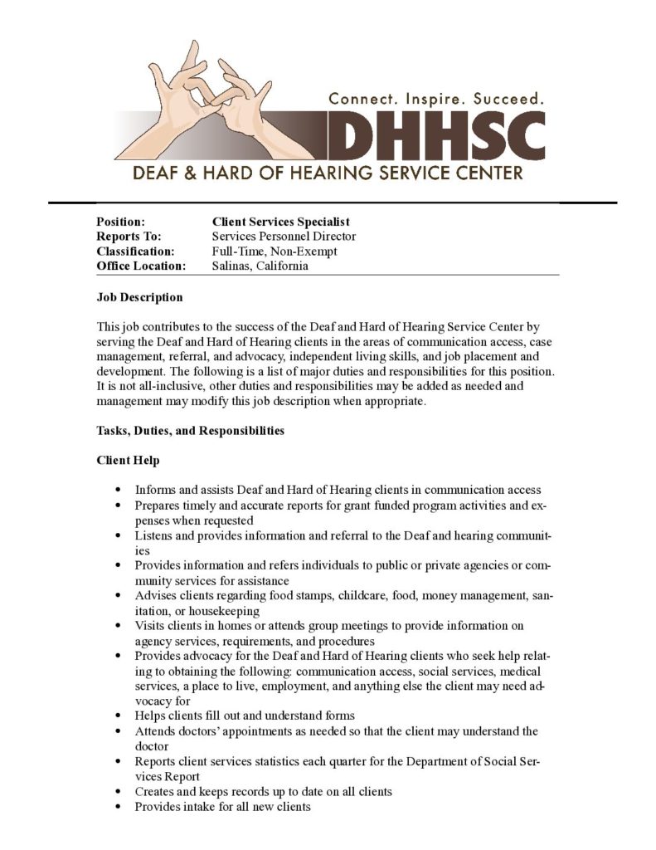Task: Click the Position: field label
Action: click(x=121, y=222)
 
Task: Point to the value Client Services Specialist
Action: click(x=280, y=222)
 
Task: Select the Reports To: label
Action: click(x=129, y=237)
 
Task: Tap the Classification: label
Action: click(x=135, y=252)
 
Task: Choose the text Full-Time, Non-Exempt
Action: click(x=275, y=252)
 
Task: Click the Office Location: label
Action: click(x=141, y=266)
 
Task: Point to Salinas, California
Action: click(x=260, y=266)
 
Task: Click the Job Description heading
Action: click(x=139, y=297)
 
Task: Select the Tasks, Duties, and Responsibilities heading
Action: click(x=191, y=431)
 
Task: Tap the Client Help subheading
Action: click(x=128, y=461)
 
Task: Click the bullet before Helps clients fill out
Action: click(x=121, y=716)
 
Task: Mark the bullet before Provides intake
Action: click(x=121, y=807)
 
